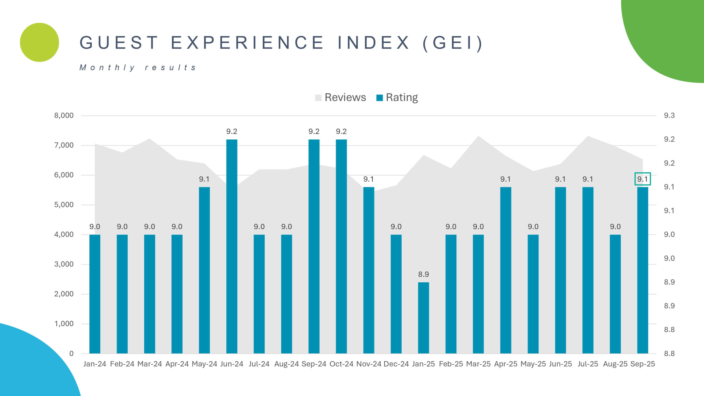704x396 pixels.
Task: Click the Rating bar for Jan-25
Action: [x=423, y=318]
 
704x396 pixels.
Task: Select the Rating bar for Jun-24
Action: [x=232, y=246]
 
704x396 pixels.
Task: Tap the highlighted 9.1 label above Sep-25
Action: [x=642, y=179]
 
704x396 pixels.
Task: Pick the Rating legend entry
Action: [x=397, y=97]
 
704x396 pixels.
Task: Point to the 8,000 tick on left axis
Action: [x=64, y=116]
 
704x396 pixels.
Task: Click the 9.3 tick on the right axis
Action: [x=669, y=116]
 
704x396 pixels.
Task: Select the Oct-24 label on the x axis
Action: [x=341, y=364]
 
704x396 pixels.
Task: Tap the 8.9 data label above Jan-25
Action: [x=423, y=274]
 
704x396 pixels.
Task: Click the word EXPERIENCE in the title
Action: [x=248, y=43]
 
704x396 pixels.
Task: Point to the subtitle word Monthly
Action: [x=107, y=67]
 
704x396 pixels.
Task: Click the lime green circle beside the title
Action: [x=40, y=42]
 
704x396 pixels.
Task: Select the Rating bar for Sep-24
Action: [x=314, y=246]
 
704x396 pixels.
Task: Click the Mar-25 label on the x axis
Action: [x=478, y=364]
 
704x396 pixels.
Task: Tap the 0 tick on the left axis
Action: [x=71, y=354]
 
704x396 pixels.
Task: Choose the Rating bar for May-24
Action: [x=204, y=270]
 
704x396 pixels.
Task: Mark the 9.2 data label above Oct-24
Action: [x=341, y=131]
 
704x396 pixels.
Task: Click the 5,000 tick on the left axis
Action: [x=64, y=205]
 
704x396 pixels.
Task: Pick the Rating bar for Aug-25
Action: [x=615, y=294]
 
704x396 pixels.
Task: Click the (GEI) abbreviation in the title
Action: [x=452, y=43]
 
